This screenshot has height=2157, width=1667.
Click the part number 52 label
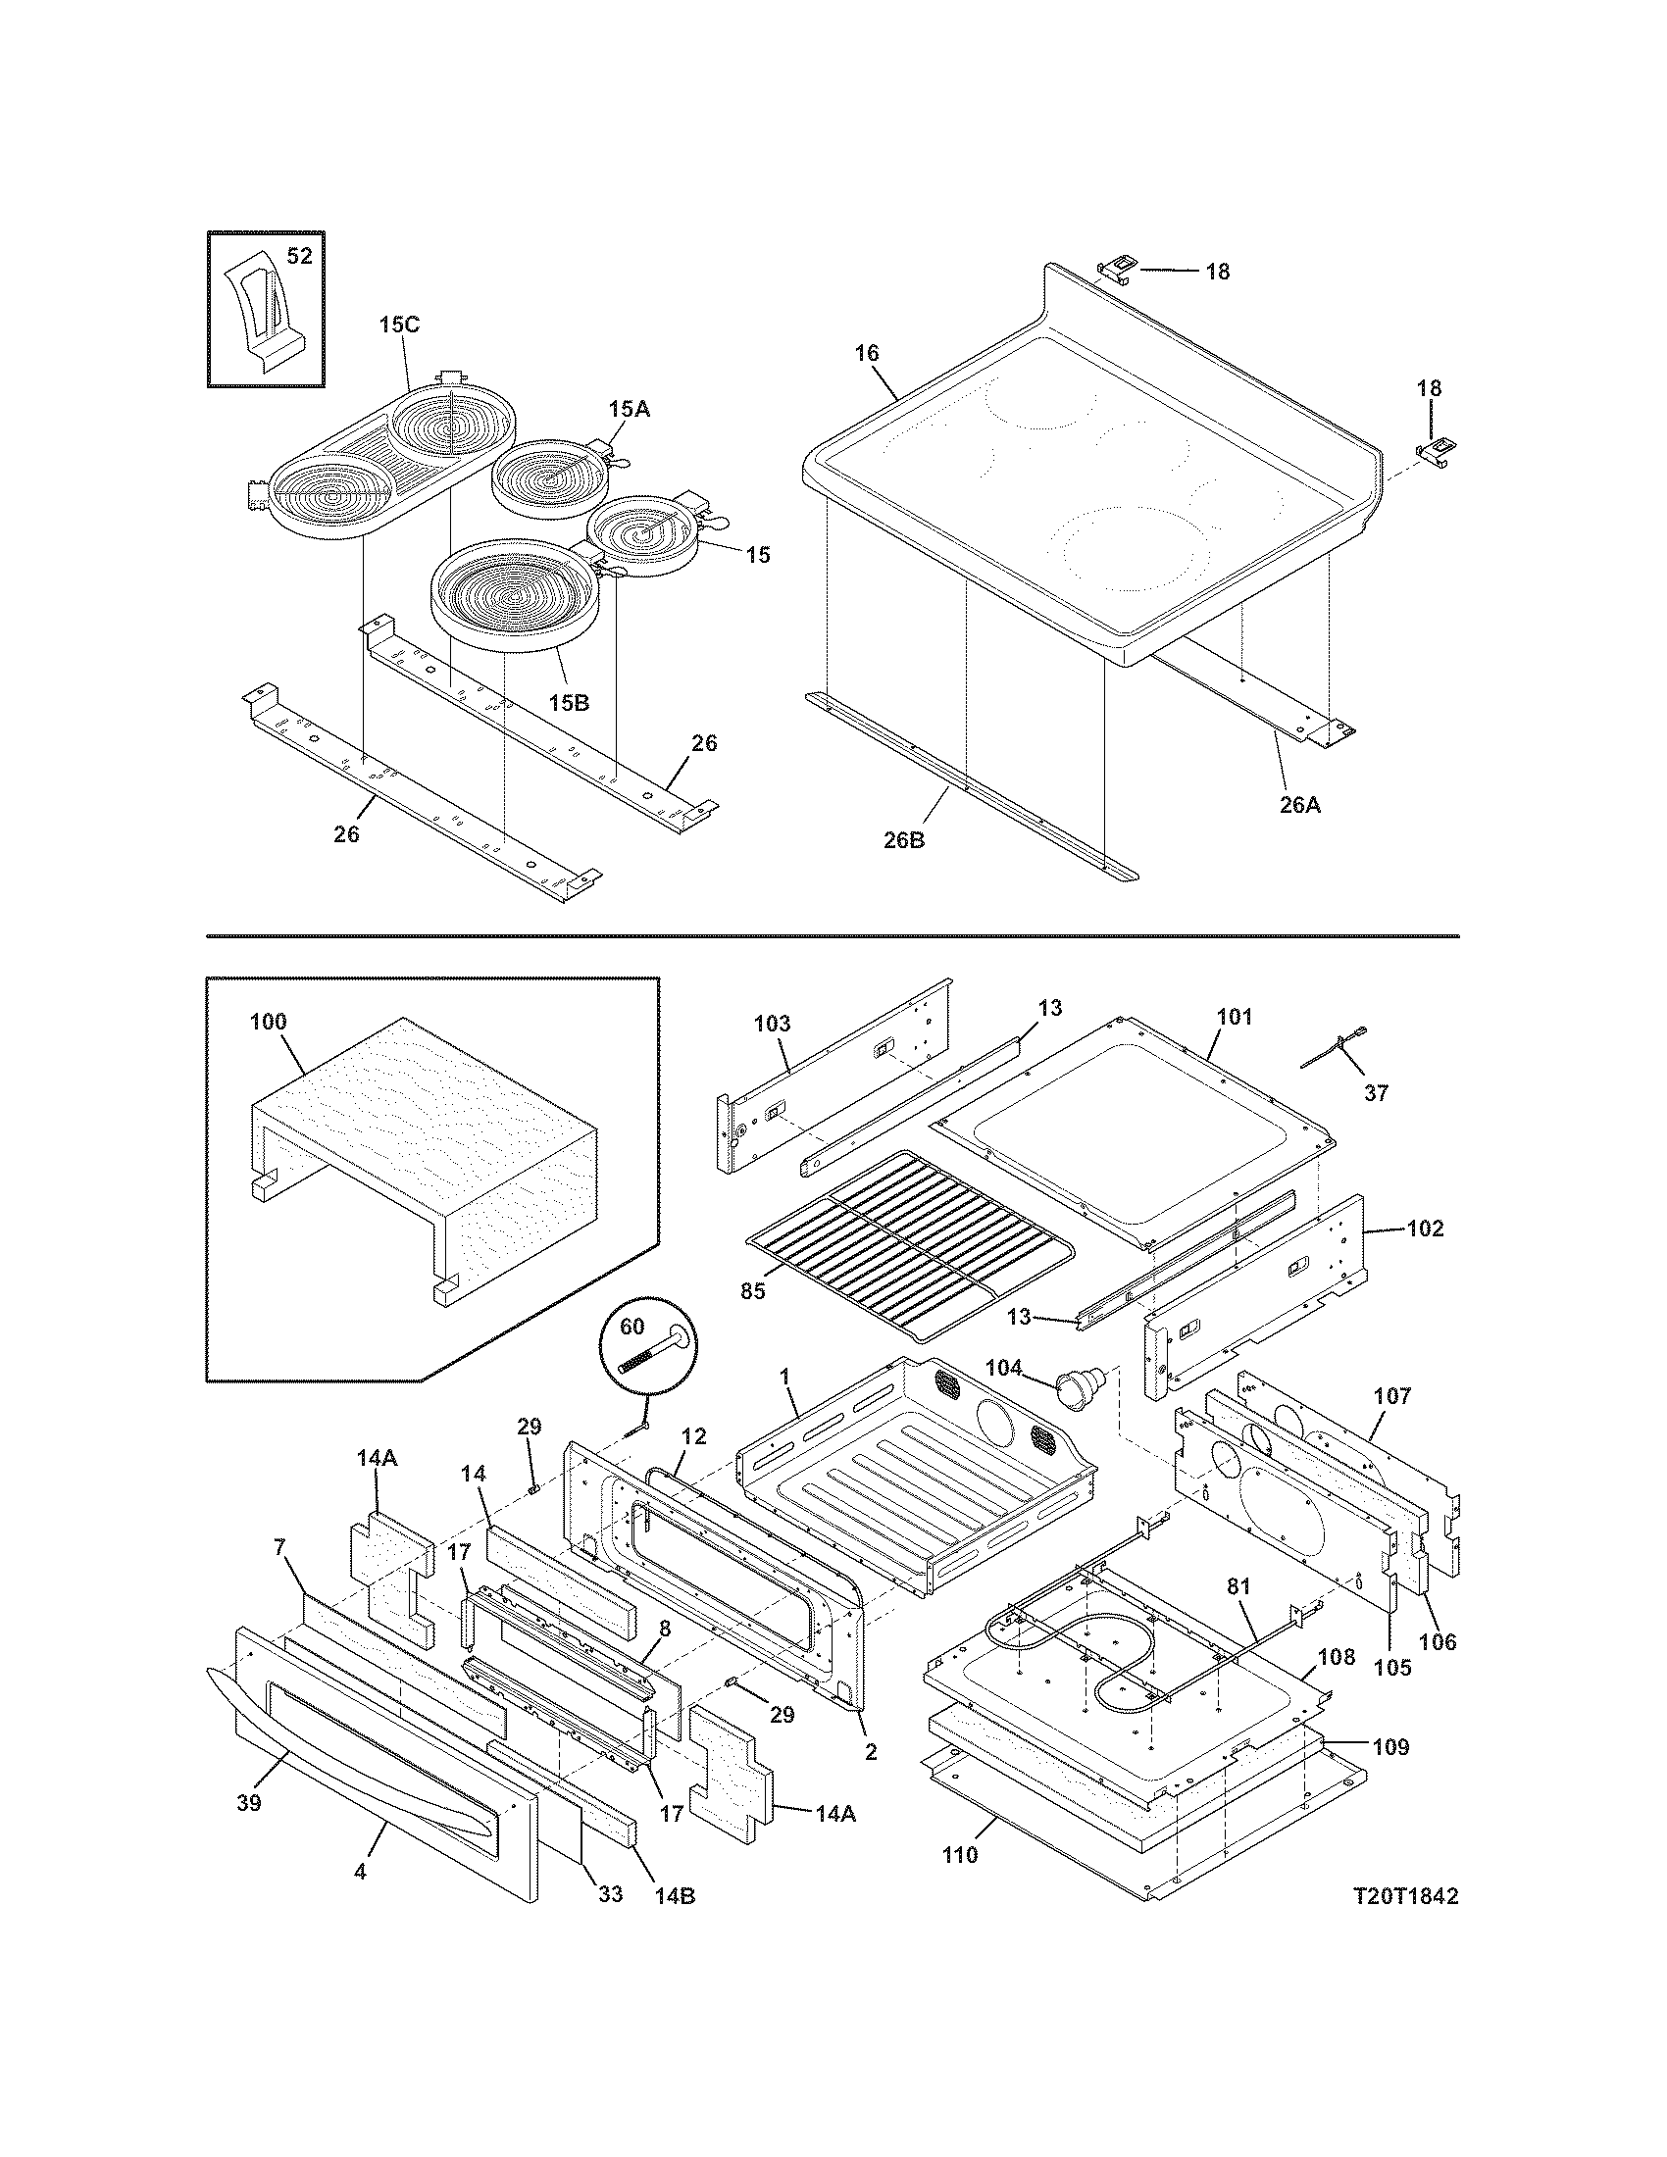click(x=299, y=256)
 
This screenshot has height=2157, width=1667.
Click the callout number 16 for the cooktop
click(x=867, y=353)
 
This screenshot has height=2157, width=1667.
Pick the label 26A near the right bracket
click(x=1299, y=805)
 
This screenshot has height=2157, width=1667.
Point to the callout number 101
click(x=1235, y=1017)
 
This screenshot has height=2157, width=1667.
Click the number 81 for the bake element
click(x=1238, y=1586)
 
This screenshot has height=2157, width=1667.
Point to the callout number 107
click(x=1392, y=1396)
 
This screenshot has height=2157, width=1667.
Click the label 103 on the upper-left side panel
click(x=772, y=1025)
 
